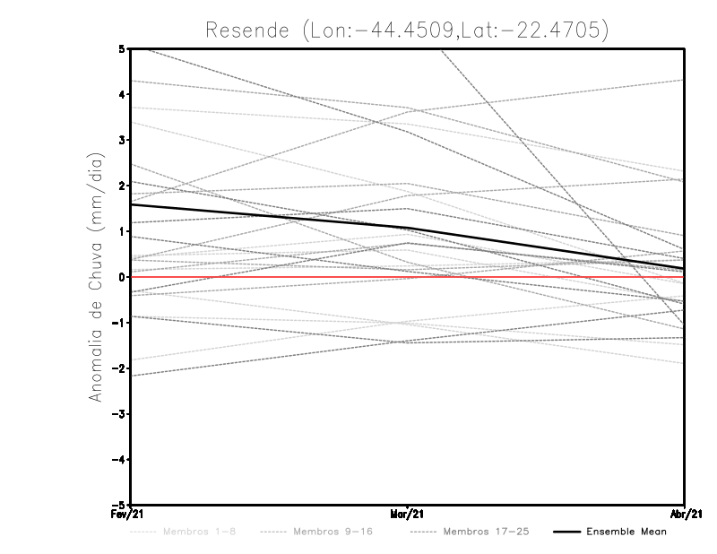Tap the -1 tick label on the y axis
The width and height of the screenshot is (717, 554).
[x=121, y=323]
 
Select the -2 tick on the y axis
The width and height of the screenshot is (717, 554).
[x=121, y=368]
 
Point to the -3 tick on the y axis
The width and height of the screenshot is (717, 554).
[x=121, y=414]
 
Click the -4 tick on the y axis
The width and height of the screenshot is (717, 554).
[x=121, y=459]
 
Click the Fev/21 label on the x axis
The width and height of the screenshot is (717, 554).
[x=131, y=515]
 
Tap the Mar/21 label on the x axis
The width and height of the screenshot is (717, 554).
[x=408, y=515]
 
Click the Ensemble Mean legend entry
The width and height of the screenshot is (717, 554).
[x=626, y=532]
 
